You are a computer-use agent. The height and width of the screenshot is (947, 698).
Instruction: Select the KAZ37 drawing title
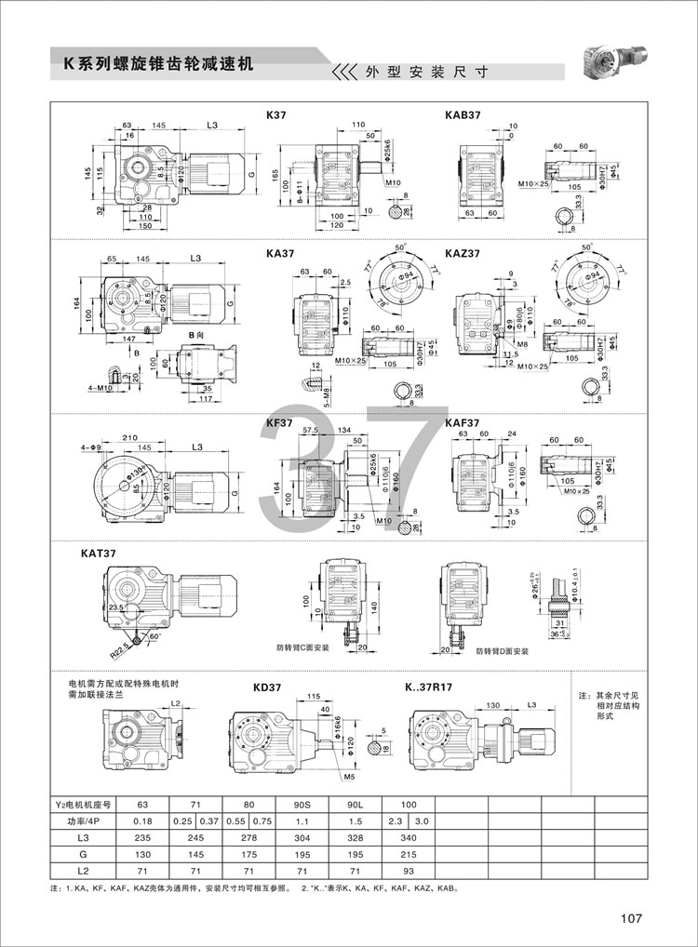464,252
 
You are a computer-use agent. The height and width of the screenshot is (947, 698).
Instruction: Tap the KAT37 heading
99,553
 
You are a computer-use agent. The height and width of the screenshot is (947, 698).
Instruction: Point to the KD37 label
266,688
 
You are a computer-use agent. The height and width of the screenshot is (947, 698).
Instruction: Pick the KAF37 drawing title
463,421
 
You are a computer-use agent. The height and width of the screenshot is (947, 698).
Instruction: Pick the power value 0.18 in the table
142,821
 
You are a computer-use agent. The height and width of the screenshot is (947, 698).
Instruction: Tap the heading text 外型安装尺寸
425,72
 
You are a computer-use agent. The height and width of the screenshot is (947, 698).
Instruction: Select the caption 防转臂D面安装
502,651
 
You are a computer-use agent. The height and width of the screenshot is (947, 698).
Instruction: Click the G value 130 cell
142,856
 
